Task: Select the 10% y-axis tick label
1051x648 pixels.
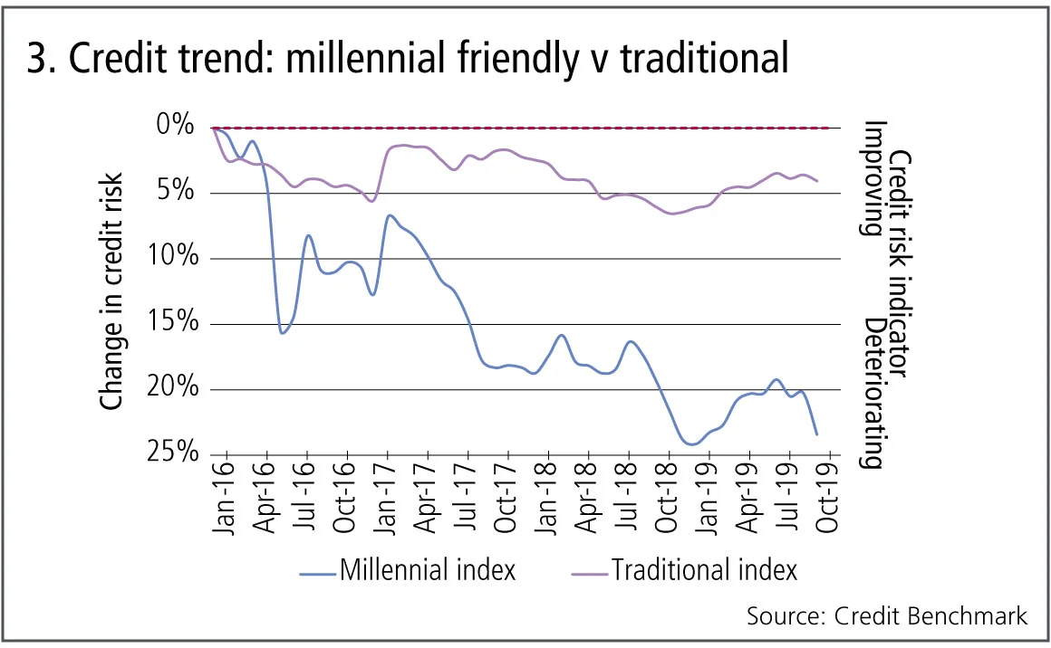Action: point(171,258)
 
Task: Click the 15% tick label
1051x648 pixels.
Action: point(171,324)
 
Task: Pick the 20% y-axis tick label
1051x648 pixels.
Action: point(171,389)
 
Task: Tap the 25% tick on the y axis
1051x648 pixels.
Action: point(171,454)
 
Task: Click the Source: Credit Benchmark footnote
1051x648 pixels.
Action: point(887,616)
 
